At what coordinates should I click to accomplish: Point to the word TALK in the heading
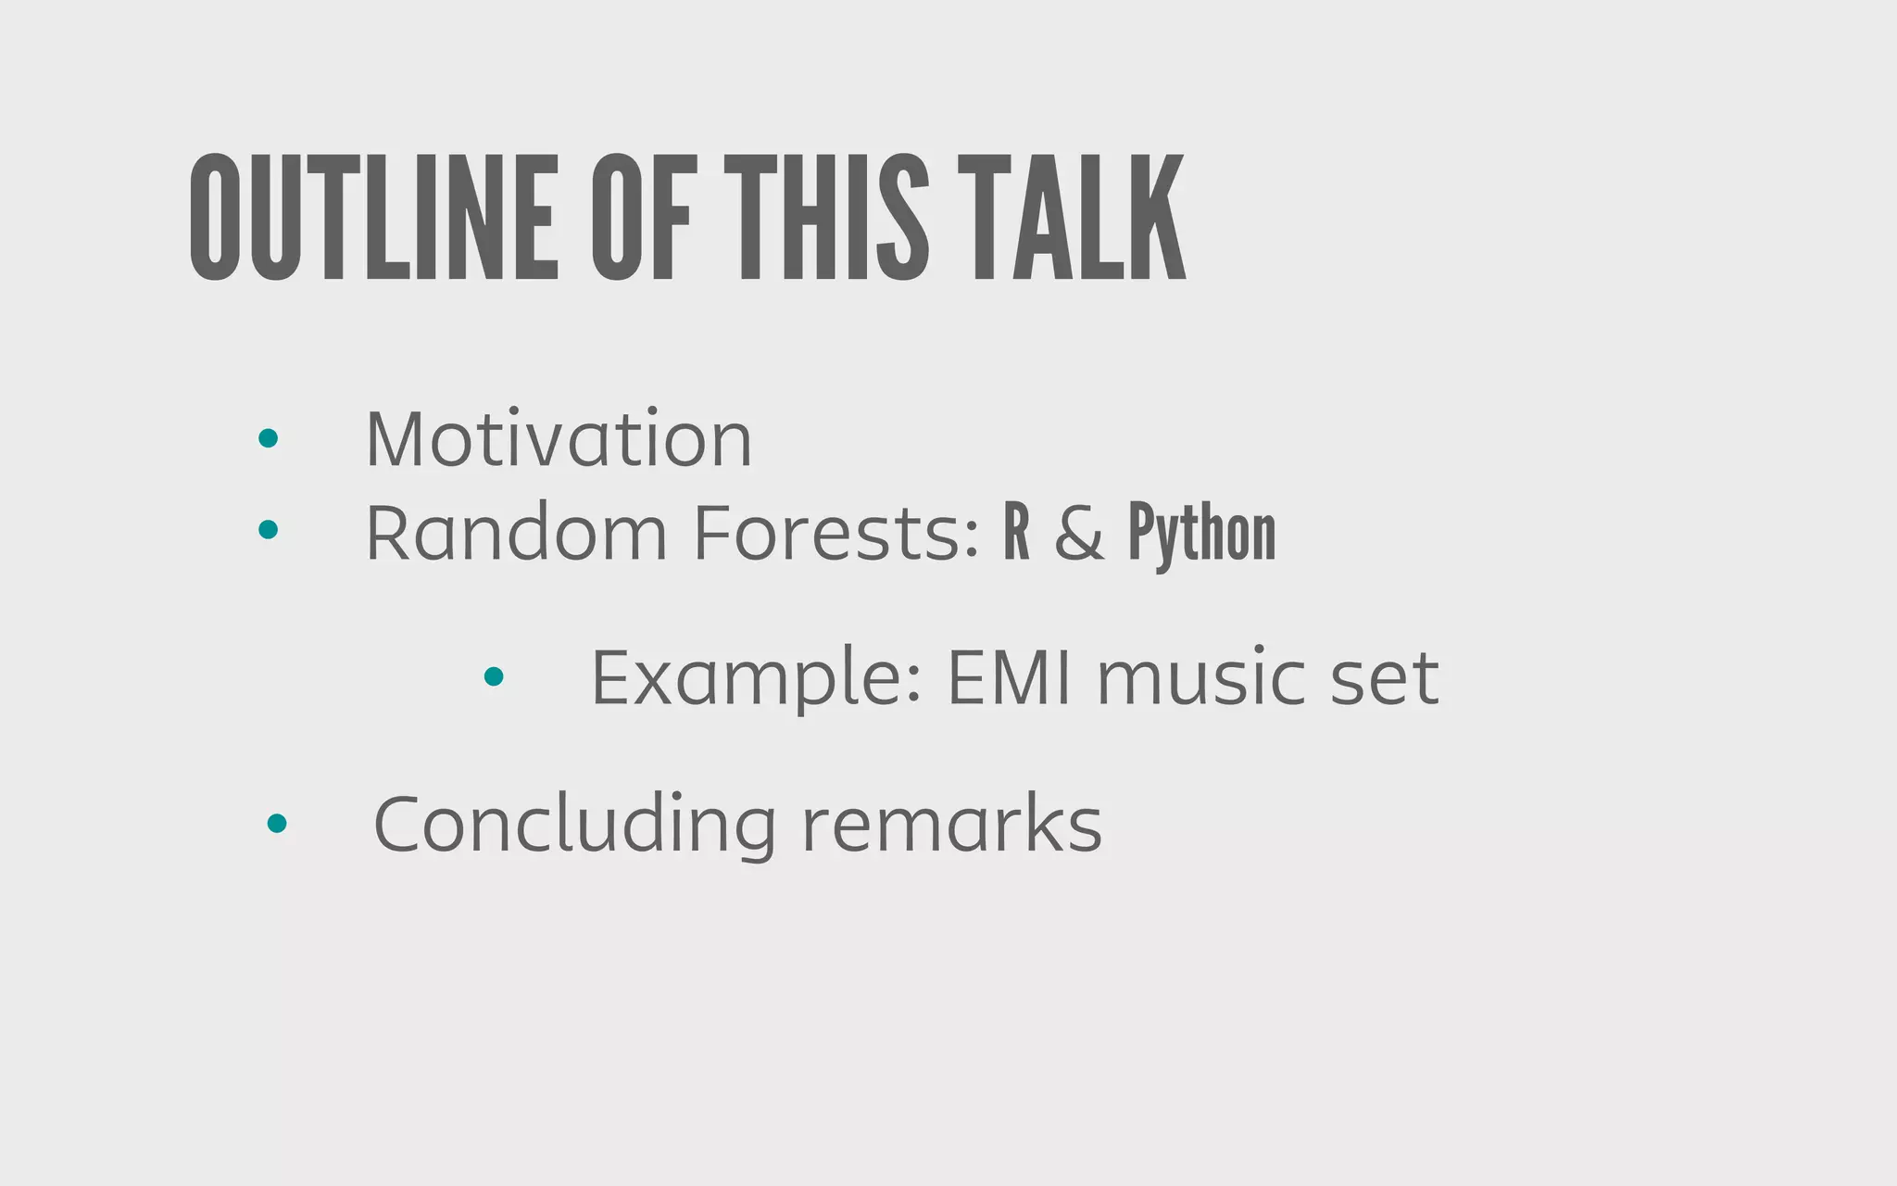(x=1072, y=217)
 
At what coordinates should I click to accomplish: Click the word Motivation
(x=559, y=438)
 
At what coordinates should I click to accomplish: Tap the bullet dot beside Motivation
(x=269, y=438)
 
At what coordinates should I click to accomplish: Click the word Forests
(x=835, y=533)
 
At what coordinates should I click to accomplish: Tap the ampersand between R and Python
(x=1079, y=534)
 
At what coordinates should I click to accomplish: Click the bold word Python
(x=1201, y=534)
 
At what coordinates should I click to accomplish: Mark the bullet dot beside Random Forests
(x=269, y=529)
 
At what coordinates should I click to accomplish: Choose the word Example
(x=756, y=678)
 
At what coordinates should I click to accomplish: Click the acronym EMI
(x=1009, y=678)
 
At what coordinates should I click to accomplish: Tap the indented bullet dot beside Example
(x=494, y=676)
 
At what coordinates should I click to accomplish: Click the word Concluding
(x=574, y=824)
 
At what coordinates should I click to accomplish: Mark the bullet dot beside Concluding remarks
(x=276, y=823)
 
